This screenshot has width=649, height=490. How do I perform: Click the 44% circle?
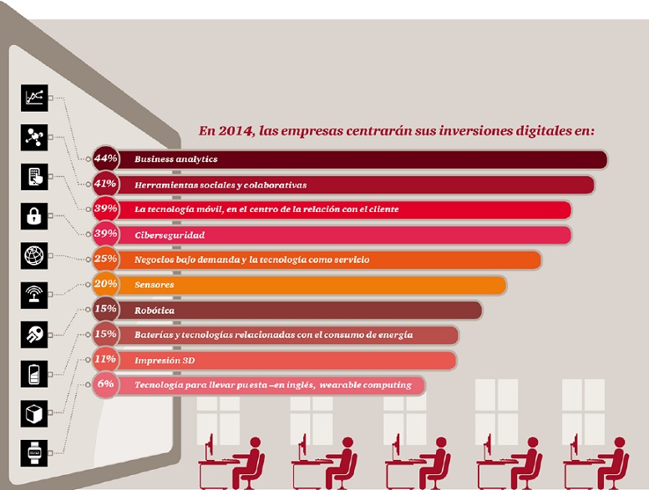106,159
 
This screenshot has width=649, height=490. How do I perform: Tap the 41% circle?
106,184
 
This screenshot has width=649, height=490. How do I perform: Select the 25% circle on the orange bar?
106,260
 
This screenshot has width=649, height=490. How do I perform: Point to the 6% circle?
106,385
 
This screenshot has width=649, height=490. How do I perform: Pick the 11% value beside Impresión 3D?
106,360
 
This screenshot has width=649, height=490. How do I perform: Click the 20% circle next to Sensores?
106,285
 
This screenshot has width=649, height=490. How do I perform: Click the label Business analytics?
164,159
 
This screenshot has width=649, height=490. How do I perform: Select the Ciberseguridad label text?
170,235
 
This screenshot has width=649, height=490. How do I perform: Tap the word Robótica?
155,310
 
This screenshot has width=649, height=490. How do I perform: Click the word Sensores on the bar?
155,285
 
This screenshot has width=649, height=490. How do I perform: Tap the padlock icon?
34,215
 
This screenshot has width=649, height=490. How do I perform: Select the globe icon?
34,255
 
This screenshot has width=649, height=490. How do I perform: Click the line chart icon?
34,98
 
